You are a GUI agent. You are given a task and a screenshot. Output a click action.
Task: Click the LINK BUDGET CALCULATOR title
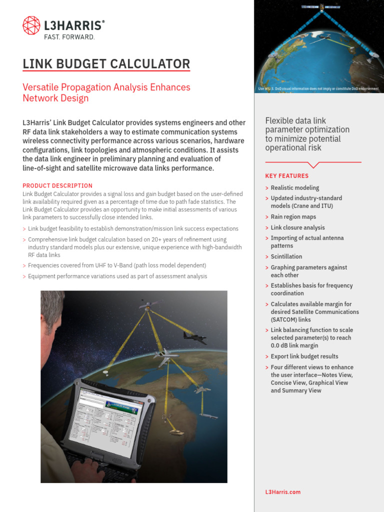pyautogui.click(x=106, y=64)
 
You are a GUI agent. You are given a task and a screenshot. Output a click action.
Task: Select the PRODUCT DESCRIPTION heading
pyautogui.click(x=57, y=185)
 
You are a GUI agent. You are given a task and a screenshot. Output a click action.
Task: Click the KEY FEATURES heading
pyautogui.click(x=286, y=176)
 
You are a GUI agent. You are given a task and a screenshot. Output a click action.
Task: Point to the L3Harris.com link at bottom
pyautogui.click(x=282, y=492)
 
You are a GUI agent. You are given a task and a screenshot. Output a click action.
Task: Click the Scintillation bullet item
pyautogui.click(x=286, y=256)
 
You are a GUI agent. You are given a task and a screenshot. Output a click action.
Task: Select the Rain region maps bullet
pyautogui.click(x=293, y=217)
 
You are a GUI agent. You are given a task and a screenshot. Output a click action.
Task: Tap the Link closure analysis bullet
pyautogui.click(x=297, y=227)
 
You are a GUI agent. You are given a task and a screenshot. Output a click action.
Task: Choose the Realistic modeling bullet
pyautogui.click(x=294, y=188)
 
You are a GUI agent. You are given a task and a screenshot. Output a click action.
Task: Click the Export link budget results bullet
pyautogui.click(x=304, y=356)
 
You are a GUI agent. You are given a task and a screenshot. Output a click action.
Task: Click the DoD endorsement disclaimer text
pyautogui.click(x=318, y=88)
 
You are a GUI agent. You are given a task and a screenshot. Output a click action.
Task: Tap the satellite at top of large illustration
pyautogui.click(x=150, y=303)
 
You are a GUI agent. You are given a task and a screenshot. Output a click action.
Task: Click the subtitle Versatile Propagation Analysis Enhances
pyautogui.click(x=106, y=87)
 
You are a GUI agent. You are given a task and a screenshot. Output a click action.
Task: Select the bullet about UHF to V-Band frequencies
pyautogui.click(x=117, y=265)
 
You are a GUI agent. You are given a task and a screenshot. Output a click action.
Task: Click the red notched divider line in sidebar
pyautogui.click(x=313, y=163)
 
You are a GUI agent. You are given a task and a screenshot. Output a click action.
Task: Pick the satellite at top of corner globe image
pyautogui.click(x=321, y=6)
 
